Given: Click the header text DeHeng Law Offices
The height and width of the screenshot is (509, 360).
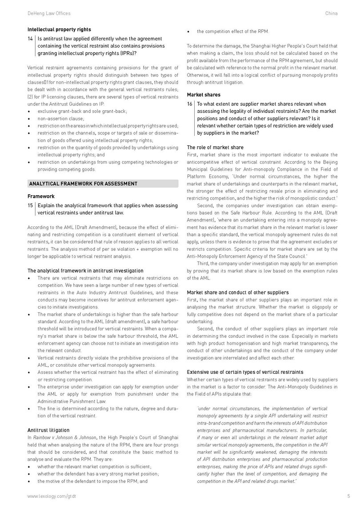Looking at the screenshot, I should point(49,13).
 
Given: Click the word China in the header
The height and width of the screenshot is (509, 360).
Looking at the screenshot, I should point(332,13).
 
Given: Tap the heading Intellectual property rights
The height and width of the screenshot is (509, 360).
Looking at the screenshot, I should point(59,30).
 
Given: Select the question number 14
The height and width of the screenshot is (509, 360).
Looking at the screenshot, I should point(30,39).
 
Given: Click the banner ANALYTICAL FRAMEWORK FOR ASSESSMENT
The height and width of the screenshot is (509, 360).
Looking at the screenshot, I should point(83,184).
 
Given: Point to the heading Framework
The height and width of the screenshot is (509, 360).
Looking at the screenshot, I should point(41,196).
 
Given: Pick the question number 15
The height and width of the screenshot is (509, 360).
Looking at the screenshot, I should point(30,205).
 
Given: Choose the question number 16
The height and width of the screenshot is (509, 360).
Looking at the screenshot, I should point(190,104).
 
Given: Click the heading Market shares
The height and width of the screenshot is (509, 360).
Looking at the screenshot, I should point(203,95).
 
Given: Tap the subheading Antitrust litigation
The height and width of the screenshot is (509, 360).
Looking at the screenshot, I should point(48,430).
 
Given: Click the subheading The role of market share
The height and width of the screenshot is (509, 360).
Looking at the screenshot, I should point(215,147).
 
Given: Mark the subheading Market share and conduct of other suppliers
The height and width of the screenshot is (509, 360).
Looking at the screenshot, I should point(238,292).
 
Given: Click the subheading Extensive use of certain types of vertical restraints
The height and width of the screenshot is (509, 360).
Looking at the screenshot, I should point(245,372).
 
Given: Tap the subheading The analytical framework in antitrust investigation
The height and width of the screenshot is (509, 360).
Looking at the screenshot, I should point(85,271).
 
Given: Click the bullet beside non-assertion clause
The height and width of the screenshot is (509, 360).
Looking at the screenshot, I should point(29,119).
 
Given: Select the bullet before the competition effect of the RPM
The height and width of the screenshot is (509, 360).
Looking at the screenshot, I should point(188,31).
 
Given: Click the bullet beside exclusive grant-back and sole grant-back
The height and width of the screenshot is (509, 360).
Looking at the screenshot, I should point(29,111).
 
